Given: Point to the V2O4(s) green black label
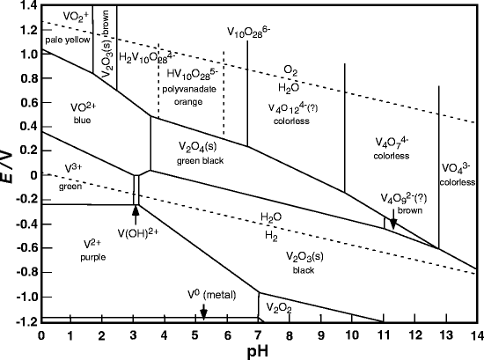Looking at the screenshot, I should click(187, 151).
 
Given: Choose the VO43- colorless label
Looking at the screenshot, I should click(458, 175).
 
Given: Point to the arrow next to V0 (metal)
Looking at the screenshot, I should click(203, 311).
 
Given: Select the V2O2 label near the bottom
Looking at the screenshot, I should click(278, 308).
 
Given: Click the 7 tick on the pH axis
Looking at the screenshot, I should click(259, 334).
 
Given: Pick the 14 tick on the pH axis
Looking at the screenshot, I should click(475, 334).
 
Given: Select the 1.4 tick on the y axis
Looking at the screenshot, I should click(26, 7).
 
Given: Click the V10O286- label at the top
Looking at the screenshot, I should click(249, 33).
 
